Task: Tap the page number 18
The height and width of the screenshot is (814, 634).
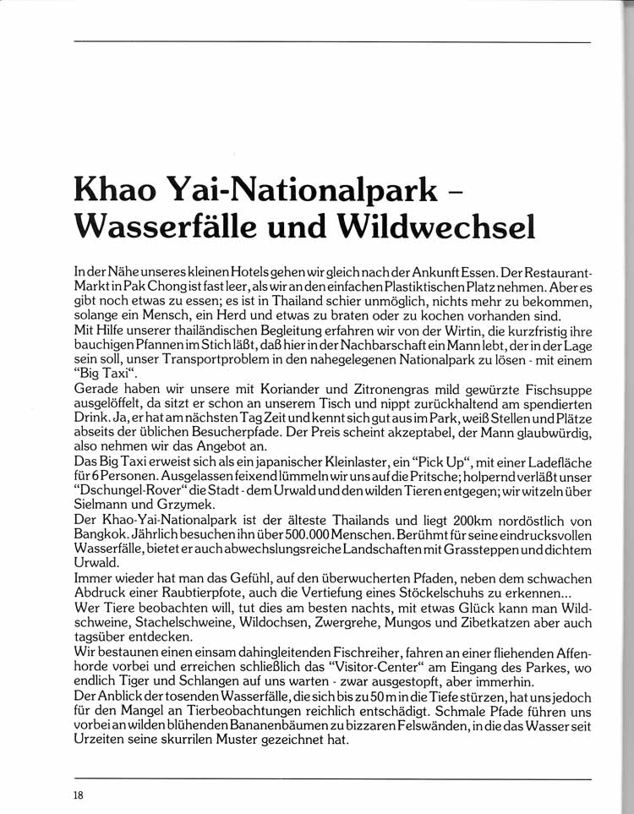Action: click(x=78, y=794)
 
